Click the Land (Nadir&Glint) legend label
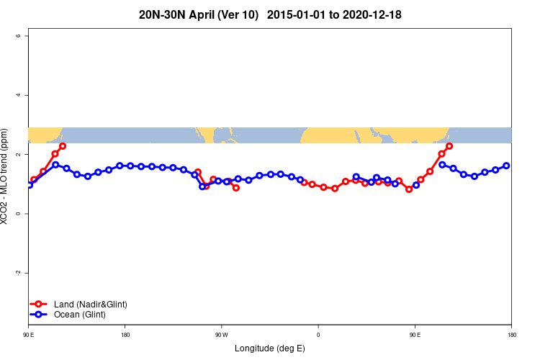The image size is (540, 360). pyautogui.click(x=91, y=305)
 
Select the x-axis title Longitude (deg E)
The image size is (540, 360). pyautogui.click(x=269, y=348)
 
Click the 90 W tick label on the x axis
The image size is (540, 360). pyautogui.click(x=221, y=335)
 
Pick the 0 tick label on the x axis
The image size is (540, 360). pyautogui.click(x=318, y=335)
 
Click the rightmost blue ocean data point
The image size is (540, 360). pyautogui.click(x=506, y=166)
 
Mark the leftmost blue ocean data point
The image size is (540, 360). pyautogui.click(x=30, y=185)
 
